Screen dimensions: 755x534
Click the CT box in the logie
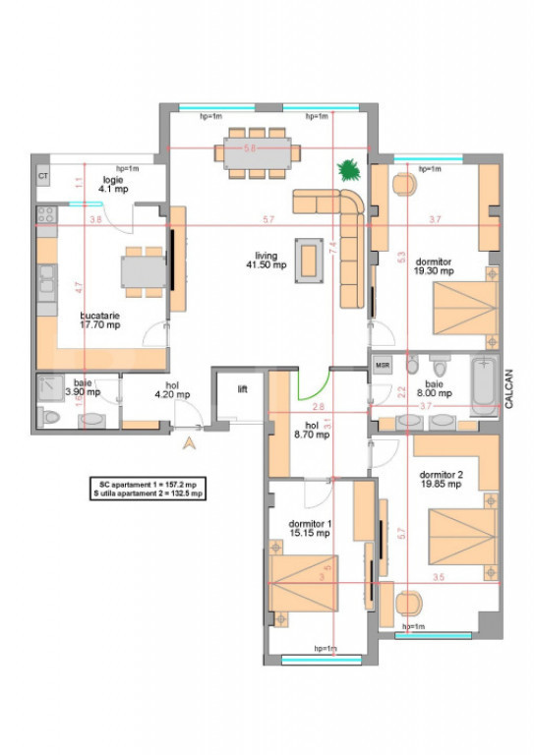[43, 175]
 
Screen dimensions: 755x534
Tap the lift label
[242, 389]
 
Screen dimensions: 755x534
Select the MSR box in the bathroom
[384, 366]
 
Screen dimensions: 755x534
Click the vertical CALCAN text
[508, 385]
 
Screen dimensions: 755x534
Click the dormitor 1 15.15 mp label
[310, 529]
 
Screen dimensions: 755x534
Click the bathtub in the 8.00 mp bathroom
[483, 384]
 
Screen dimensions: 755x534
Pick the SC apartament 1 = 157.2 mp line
[148, 485]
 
